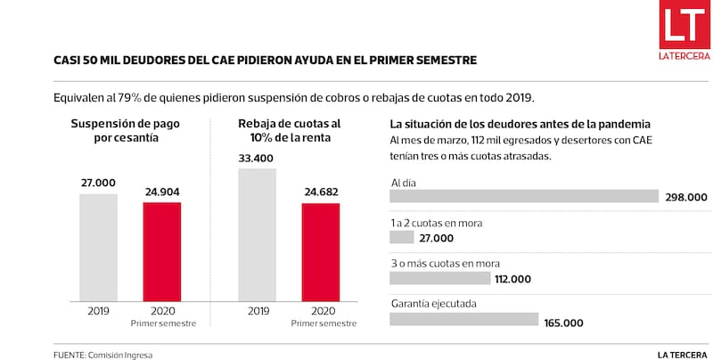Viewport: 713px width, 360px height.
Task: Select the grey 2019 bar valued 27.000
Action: click(98, 247)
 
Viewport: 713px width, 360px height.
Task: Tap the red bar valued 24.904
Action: click(161, 251)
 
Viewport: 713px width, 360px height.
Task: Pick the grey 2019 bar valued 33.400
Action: click(258, 234)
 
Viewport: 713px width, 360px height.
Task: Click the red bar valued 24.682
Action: click(321, 252)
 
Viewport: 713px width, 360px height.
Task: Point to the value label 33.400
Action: click(258, 157)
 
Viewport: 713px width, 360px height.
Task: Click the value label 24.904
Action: click(161, 192)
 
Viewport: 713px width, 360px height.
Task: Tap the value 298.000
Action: click(685, 198)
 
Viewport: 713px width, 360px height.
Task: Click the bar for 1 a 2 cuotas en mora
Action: click(402, 238)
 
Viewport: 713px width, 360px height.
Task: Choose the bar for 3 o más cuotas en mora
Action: click(440, 278)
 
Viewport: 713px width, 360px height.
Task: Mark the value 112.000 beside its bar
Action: click(513, 279)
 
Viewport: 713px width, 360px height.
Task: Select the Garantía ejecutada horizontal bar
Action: click(464, 319)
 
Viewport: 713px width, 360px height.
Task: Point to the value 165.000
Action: click(563, 323)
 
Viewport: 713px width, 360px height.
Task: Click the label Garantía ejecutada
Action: click(433, 304)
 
